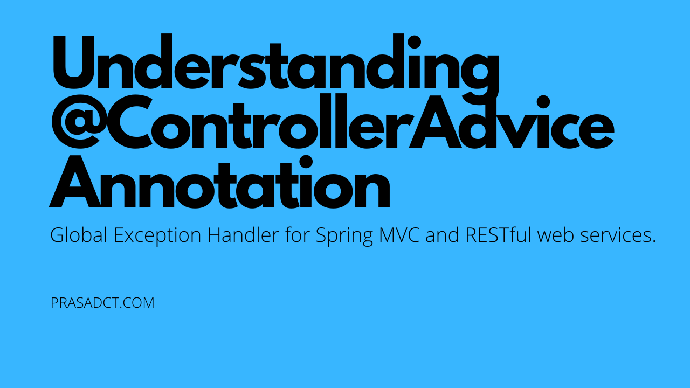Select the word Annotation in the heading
219,182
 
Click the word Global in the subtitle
79,235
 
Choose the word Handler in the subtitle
243,235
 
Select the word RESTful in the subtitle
499,235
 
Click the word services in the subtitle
615,236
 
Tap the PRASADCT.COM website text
102,303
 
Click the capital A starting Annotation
75,182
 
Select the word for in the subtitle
297,235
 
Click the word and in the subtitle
443,235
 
